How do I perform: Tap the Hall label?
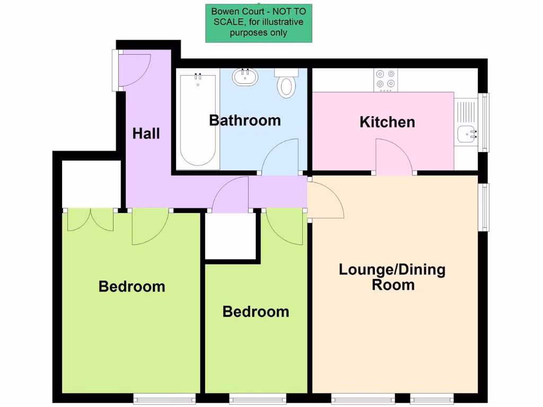pyautogui.click(x=146, y=133)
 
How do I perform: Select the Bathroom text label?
pyautogui.click(x=244, y=120)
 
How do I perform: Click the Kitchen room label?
pyautogui.click(x=387, y=122)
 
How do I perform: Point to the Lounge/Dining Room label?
pyautogui.click(x=392, y=277)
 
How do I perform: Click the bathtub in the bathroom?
pyautogui.click(x=198, y=121)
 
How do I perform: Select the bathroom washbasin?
pyautogui.click(x=245, y=77)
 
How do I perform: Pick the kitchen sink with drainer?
pyautogui.click(x=467, y=122)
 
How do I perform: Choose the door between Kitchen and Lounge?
pyautogui.click(x=394, y=156)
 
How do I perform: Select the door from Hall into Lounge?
pyautogui.click(x=325, y=200)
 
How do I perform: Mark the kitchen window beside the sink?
pyautogui.click(x=483, y=122)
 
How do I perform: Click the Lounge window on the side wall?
pyautogui.click(x=484, y=207)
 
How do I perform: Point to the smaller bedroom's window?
pyautogui.click(x=258, y=397)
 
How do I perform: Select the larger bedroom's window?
pyautogui.click(x=164, y=397)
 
